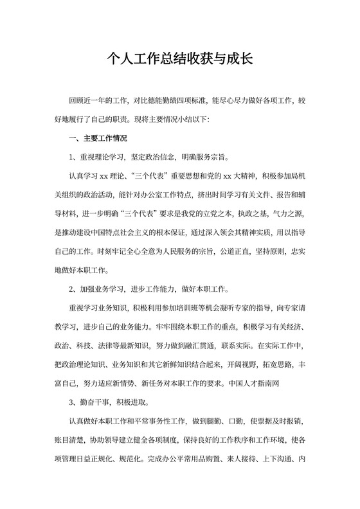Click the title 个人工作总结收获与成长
[x=180, y=59]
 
